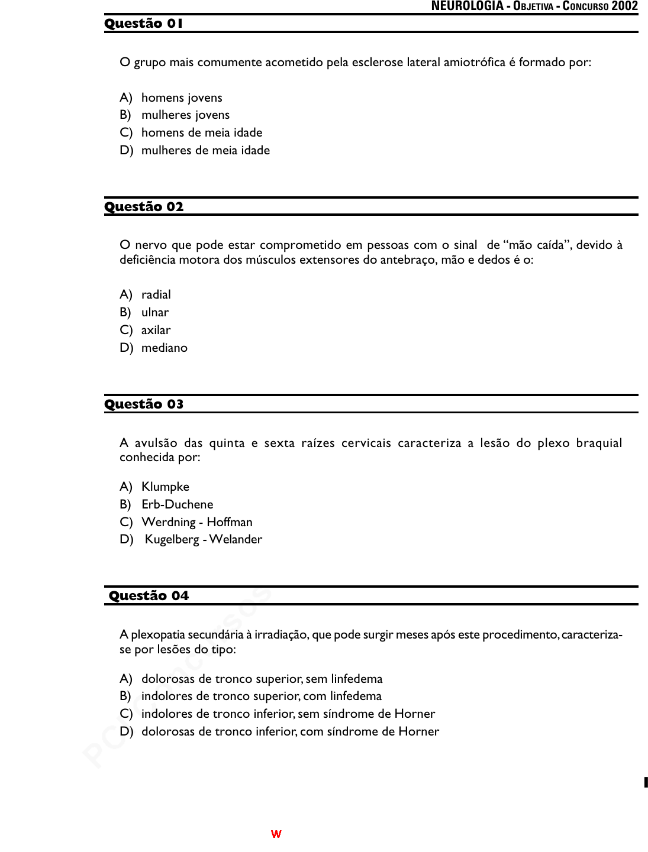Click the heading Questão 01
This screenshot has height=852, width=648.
[144, 24]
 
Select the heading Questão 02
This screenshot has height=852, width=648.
[144, 207]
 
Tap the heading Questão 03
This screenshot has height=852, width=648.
[144, 404]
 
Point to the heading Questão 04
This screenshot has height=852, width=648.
[149, 596]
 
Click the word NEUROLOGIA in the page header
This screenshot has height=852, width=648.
[467, 7]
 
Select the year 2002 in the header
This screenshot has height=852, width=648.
[624, 7]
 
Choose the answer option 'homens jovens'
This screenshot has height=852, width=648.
[182, 98]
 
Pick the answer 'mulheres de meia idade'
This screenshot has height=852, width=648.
[205, 151]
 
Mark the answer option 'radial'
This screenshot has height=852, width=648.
[156, 295]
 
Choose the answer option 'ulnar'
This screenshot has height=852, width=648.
[155, 313]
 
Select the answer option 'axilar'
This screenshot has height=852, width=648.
[156, 331]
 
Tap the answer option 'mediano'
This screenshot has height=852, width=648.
[164, 348]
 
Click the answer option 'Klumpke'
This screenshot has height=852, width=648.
[165, 487]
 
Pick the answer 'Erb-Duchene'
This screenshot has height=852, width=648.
[177, 505]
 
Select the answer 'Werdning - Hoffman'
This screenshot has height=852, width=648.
[196, 523]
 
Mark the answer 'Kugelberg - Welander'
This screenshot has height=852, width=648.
[203, 540]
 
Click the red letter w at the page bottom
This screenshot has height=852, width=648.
[276, 834]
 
